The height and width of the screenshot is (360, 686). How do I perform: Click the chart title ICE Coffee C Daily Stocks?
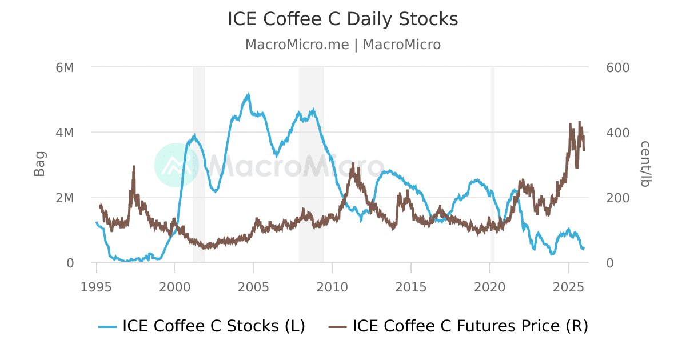pos(342,19)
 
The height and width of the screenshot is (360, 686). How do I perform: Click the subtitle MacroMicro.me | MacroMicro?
pos(342,45)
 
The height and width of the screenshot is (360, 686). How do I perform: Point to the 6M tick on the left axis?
pos(65,67)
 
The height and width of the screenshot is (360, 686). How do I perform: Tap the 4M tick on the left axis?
pos(65,133)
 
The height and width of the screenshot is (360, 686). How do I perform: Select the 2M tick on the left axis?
pos(65,198)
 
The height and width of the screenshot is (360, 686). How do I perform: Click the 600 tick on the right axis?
pos(617,67)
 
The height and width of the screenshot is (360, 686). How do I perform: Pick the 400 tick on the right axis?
pos(617,133)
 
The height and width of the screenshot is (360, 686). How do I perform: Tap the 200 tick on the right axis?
pos(617,198)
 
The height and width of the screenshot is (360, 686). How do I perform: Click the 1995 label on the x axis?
pos(97,286)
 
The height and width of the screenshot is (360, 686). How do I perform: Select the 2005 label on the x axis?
pos(253,286)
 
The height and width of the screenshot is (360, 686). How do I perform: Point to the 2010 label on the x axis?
pos(332,286)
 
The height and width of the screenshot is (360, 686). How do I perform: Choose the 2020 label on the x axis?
pos(490,286)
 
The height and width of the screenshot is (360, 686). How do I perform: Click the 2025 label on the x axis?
pos(569,286)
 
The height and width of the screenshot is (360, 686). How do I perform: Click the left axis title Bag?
pos(39,164)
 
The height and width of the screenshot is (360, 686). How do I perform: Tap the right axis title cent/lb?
pos(645,164)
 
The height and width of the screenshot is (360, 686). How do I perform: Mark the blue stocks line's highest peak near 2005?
pos(248,95)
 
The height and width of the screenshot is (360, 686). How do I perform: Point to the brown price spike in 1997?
pos(134,167)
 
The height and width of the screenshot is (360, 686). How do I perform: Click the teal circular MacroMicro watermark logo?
pos(177,165)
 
